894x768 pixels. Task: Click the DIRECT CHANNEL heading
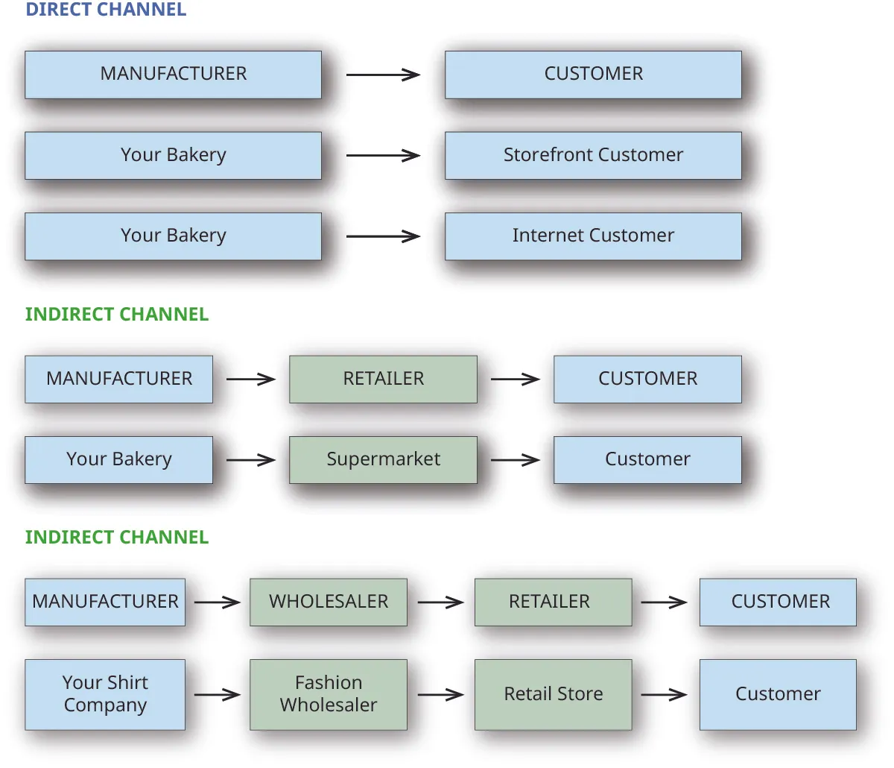coord(106,10)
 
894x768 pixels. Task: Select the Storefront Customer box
coord(593,155)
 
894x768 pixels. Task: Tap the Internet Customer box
coord(593,236)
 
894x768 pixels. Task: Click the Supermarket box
coord(383,459)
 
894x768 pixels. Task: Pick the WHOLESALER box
coord(329,602)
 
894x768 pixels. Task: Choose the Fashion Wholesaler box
coord(329,694)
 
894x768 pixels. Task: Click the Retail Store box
coord(553,694)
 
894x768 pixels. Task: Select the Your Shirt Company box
coord(105,694)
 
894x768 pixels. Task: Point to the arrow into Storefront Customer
coord(383,156)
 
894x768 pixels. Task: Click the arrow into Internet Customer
coord(383,236)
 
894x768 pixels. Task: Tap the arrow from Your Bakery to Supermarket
coord(250,460)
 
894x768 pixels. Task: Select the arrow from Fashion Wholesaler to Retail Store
coord(440,695)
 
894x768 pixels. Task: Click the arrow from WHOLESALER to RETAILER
coord(440,602)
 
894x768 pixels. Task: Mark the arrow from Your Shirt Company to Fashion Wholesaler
coord(217,695)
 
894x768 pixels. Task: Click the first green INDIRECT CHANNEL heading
coord(117,315)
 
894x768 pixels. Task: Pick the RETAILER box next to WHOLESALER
coord(553,602)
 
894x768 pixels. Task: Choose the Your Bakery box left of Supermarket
coord(118,459)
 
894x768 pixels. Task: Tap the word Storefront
coord(548,155)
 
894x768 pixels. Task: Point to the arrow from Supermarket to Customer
coord(515,460)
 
